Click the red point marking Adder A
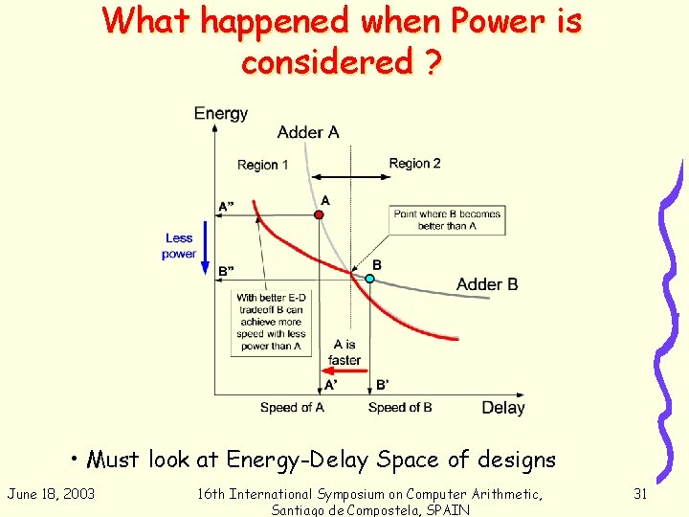point(320,214)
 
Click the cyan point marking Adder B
point(369,278)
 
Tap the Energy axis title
point(220,114)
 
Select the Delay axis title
point(502,408)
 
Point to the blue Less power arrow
point(204,248)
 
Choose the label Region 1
point(263,165)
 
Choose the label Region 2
point(414,164)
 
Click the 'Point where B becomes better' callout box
point(447,220)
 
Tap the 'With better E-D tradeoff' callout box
point(270,323)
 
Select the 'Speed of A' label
point(292,408)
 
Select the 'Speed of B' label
point(400,408)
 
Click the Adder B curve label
point(487,284)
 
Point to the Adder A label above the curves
point(308,132)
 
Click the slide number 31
point(640,493)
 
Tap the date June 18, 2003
point(51,493)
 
